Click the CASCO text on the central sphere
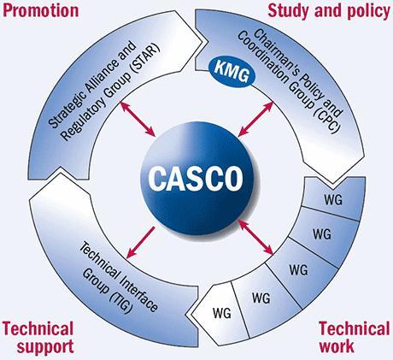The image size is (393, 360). coord(196,178)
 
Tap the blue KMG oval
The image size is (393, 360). coord(232,73)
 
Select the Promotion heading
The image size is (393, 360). coord(40,11)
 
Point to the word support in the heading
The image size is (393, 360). coord(45,346)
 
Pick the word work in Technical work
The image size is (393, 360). coord(337,345)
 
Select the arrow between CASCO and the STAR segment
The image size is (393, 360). coord(138,119)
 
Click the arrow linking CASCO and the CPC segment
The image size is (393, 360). coord(255,119)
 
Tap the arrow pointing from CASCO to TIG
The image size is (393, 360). coord(141,242)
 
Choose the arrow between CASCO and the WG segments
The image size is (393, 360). coord(255,237)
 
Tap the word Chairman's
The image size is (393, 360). coord(273,50)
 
